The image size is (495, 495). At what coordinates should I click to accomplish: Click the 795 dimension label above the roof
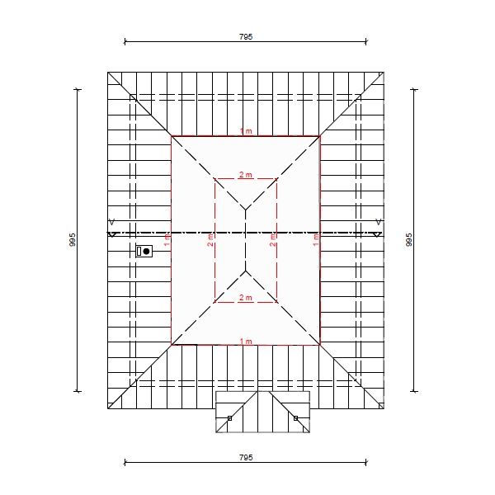tap(246, 37)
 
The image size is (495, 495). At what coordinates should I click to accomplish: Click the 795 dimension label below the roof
tap(246, 457)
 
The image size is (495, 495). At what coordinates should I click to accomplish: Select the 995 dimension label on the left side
tap(73, 239)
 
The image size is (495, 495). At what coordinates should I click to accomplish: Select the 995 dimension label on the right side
tap(409, 239)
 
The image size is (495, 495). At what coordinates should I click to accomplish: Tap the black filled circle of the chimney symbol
tap(146, 252)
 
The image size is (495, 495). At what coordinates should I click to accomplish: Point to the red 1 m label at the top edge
tap(246, 131)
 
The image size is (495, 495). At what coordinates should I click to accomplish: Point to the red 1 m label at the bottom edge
tap(246, 342)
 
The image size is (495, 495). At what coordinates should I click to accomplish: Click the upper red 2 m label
tap(246, 175)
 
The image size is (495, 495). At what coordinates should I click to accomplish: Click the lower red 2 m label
tap(246, 298)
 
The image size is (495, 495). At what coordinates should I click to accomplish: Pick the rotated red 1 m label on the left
tap(167, 240)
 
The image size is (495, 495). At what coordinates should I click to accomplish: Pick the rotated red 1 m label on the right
tap(316, 240)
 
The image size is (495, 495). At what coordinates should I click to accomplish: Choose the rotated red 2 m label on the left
tap(210, 240)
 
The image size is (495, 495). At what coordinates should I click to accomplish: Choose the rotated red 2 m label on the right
tap(273, 240)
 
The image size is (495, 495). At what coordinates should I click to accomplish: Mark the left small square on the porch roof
tap(230, 418)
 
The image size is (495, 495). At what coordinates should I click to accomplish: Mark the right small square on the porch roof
tap(296, 418)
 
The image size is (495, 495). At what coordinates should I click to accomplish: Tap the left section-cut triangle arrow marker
tap(112, 234)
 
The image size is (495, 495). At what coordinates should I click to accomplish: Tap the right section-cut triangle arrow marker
tap(377, 234)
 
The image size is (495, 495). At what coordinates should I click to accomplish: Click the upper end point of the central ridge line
tap(246, 210)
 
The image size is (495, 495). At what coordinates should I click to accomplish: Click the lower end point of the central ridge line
tap(246, 271)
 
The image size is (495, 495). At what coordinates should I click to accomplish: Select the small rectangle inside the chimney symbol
tap(139, 252)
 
